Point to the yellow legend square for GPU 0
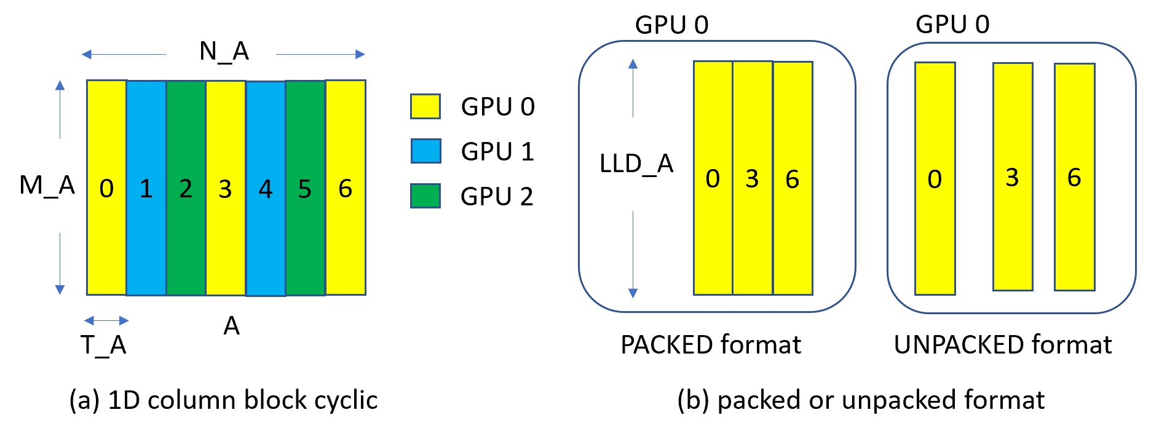425,106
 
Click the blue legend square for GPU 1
425,151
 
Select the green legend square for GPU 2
425,196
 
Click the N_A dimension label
224,51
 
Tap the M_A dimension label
47,185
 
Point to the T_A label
103,346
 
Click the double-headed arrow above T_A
106,320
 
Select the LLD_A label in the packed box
636,164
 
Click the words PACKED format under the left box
711,345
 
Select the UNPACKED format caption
1003,345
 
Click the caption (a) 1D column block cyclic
223,400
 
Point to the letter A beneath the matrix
231,326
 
